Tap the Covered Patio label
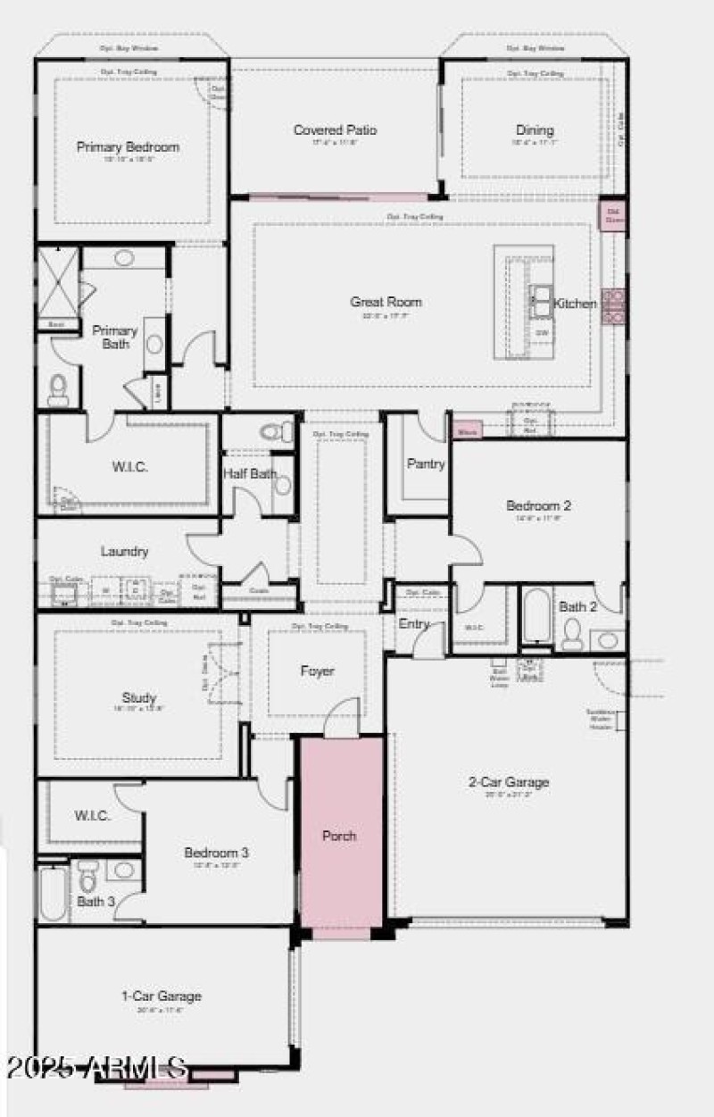(336, 130)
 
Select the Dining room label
(535, 130)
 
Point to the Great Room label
(386, 303)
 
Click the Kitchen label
(575, 304)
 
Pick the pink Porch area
(340, 836)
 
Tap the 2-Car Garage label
(509, 782)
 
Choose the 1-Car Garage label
(162, 996)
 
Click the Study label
(139, 697)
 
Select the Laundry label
(124, 552)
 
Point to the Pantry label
(426, 463)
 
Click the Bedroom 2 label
(538, 505)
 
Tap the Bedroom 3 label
(216, 853)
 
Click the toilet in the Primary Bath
(58, 388)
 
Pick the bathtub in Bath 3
(52, 894)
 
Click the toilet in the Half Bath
(277, 433)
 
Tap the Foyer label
(317, 671)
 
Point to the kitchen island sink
(540, 301)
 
